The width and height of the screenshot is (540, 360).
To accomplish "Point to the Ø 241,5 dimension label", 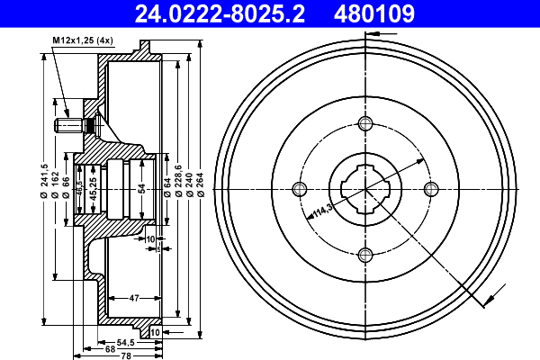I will (44, 188).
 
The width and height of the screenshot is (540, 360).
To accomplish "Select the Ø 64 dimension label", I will (167, 188).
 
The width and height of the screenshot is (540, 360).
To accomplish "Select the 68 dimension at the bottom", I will (109, 349).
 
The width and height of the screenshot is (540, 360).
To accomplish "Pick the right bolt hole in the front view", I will (430, 188).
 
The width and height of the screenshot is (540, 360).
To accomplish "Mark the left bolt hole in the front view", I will (300, 188).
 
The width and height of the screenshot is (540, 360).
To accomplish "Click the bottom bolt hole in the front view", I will (364, 254).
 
